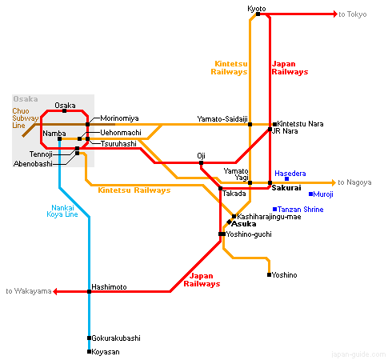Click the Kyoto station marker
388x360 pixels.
pos(258,14)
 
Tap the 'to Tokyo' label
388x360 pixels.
pos(353,14)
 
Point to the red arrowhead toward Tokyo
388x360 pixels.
pos(336,14)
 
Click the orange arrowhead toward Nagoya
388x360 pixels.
pos(334,182)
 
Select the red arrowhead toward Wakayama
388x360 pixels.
pos(55,291)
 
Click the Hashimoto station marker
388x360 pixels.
pos(89,291)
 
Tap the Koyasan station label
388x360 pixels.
pos(106,352)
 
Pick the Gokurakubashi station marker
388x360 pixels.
pos(89,338)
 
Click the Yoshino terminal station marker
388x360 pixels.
pos(269,274)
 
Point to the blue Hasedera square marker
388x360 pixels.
pos(286,178)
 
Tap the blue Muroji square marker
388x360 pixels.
pos(310,194)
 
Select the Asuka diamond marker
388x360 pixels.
pos(229,222)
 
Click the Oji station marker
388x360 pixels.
pos(201,162)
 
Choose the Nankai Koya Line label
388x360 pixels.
pos(62,211)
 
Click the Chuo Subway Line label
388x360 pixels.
pos(26,118)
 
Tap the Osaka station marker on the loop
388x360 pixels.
pos(64,110)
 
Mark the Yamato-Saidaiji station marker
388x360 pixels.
pos(250,124)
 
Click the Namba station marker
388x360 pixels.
pos(59,138)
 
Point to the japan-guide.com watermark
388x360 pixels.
pos(358,354)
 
